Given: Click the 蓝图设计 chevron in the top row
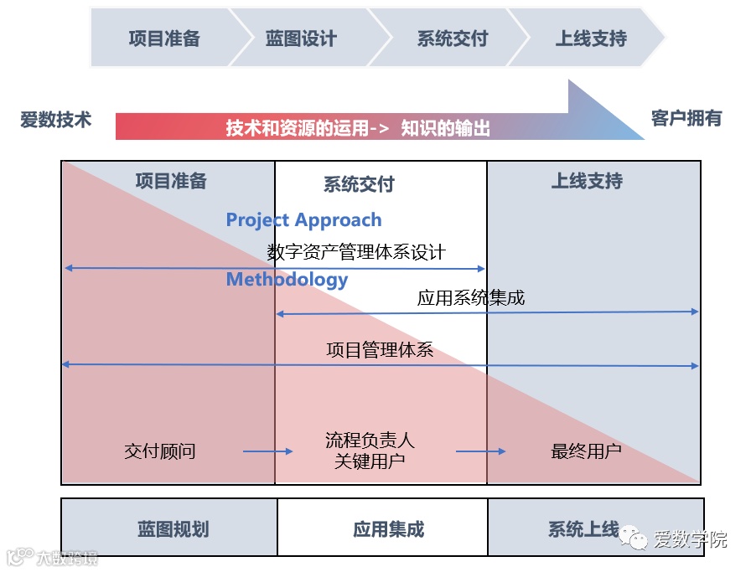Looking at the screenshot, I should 301,39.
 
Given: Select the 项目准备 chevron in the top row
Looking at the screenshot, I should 164,39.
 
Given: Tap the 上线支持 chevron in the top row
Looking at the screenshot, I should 591,39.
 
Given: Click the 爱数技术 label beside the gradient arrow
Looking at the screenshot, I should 55,120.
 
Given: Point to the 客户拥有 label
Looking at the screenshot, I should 686,118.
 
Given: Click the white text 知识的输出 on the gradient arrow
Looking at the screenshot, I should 445,128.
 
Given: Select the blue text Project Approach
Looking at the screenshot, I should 303,220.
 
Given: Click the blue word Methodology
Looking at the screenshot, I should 287,280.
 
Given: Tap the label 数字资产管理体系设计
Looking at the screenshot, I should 356,252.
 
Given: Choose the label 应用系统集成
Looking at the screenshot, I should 471,297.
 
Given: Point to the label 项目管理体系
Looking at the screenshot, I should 380,350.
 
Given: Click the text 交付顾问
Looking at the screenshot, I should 160,451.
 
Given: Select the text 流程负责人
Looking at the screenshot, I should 370,441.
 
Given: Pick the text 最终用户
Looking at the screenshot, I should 586,451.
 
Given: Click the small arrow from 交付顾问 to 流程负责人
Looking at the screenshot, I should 268,451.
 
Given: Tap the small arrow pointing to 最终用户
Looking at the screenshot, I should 481,451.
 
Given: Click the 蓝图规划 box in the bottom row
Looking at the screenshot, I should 173,529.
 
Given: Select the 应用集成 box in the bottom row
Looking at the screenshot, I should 389,529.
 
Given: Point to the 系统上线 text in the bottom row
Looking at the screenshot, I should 583,529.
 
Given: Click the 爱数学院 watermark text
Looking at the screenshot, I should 690,540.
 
